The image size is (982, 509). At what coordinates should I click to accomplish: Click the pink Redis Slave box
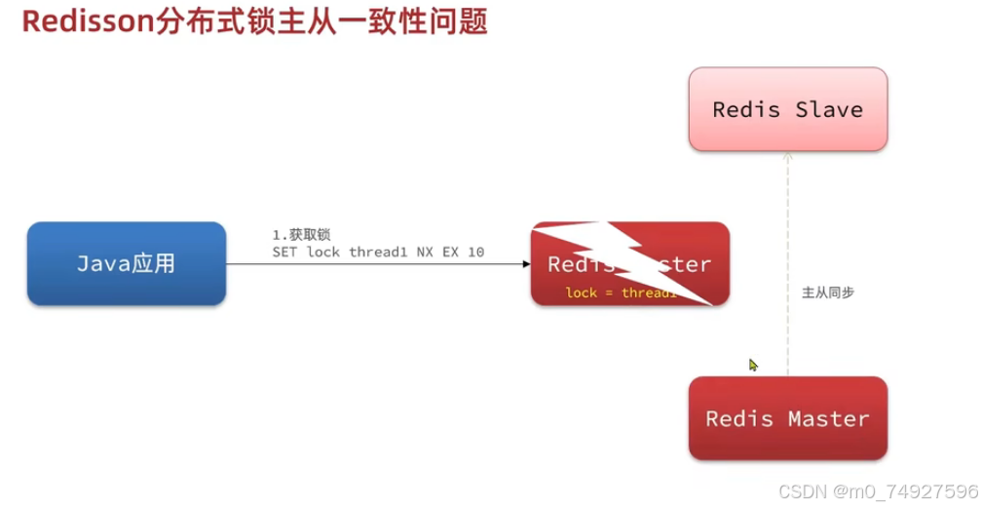click(x=787, y=109)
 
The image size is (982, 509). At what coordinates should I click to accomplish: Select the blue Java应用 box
click(x=127, y=263)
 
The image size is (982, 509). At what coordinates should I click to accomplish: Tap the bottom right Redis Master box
click(x=787, y=419)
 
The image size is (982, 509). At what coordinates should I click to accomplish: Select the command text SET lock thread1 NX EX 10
click(x=378, y=253)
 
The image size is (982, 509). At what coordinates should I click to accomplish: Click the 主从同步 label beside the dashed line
click(x=828, y=292)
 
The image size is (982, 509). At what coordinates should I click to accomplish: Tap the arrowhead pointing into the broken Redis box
click(x=526, y=263)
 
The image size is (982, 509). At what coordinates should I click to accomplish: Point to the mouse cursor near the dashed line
click(x=752, y=365)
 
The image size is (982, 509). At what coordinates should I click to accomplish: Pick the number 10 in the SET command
click(x=474, y=253)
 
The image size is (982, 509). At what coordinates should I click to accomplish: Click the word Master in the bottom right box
click(x=828, y=419)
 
